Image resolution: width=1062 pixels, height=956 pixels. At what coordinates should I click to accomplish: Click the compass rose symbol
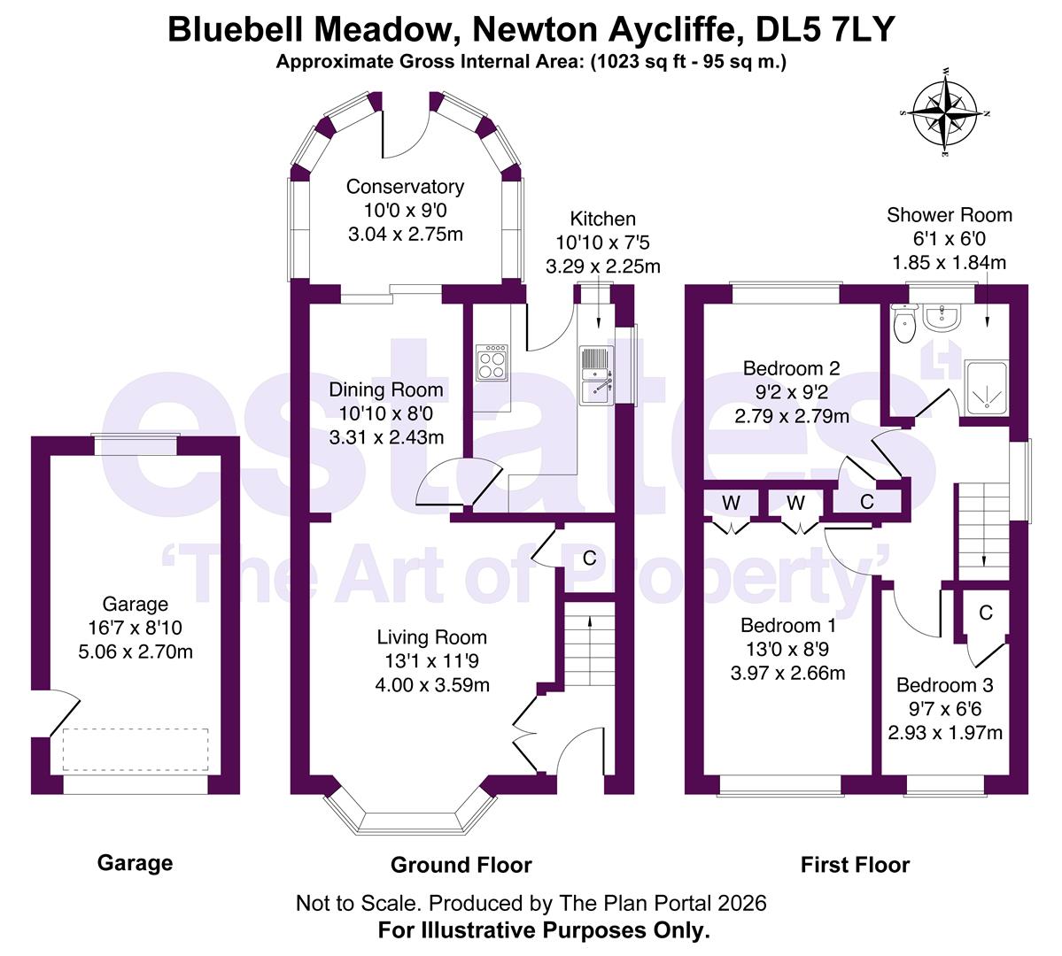click(x=945, y=112)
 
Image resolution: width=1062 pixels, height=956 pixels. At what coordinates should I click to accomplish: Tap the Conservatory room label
click(x=405, y=186)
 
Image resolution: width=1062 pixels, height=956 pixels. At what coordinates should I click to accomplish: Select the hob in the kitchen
click(x=492, y=363)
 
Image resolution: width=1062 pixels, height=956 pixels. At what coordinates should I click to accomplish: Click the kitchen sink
click(x=596, y=376)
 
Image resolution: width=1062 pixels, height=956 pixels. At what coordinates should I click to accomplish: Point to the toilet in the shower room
click(x=904, y=324)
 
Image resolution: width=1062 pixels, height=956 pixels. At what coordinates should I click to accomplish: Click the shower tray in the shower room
click(x=986, y=388)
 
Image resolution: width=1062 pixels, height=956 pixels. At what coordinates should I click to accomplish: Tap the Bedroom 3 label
click(x=944, y=685)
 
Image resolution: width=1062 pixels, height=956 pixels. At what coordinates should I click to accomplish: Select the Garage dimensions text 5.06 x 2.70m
click(x=136, y=652)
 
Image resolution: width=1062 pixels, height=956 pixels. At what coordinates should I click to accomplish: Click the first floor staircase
click(x=983, y=532)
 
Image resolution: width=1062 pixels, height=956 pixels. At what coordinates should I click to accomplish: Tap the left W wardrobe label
click(x=731, y=503)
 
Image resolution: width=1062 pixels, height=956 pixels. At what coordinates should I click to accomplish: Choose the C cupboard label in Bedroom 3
click(x=986, y=613)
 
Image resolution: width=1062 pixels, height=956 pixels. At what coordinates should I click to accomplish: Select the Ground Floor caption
click(x=461, y=865)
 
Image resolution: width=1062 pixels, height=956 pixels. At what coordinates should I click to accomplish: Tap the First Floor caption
click(x=855, y=865)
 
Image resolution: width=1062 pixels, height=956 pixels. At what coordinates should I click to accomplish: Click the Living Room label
click(x=432, y=637)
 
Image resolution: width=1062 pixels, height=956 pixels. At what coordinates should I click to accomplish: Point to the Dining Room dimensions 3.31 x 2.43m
click(x=386, y=437)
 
